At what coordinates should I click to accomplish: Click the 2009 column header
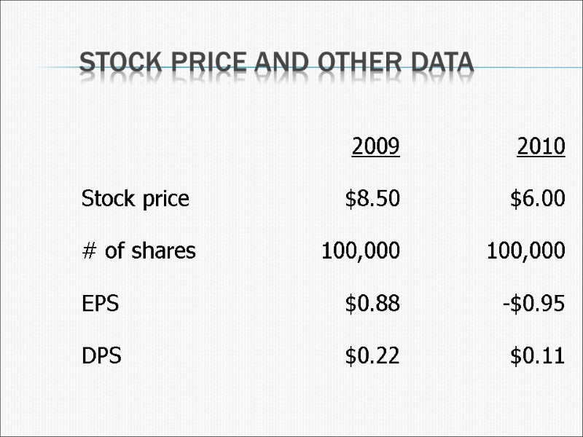point(375,146)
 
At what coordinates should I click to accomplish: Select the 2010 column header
point(541,146)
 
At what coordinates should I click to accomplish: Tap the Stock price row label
point(136,198)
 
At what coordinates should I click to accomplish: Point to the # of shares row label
point(138,251)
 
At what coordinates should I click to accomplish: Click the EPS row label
point(100,304)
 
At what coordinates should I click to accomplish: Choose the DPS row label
point(101,357)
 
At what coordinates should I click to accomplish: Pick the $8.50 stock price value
point(372,198)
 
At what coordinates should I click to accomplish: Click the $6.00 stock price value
point(538,198)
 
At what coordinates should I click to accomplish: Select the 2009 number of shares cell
point(361,251)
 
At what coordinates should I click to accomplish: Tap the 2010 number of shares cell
point(525,251)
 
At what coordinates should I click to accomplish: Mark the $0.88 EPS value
point(372,304)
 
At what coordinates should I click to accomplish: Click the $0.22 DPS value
point(372,357)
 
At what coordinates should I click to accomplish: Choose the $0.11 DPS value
point(538,357)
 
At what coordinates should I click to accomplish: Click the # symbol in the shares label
point(89,251)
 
